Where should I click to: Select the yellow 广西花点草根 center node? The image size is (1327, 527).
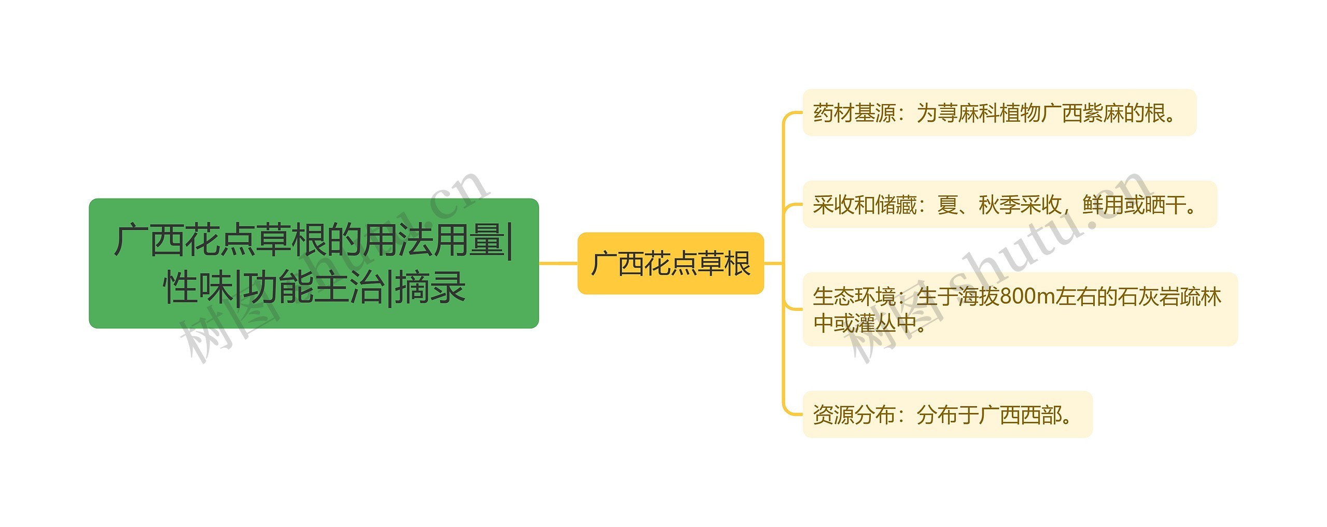[670, 263]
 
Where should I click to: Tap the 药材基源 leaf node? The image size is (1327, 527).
[999, 112]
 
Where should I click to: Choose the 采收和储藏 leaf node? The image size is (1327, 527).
[1009, 204]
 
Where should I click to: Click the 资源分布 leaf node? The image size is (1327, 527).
[947, 414]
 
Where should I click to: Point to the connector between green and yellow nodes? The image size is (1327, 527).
[558, 263]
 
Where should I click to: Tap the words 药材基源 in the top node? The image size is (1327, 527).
[854, 113]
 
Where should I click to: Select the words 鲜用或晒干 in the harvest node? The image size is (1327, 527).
[1134, 205]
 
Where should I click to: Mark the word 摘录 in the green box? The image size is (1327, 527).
[430, 287]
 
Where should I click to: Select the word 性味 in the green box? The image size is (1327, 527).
[197, 287]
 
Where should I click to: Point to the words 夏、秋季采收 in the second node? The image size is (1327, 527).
[999, 205]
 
